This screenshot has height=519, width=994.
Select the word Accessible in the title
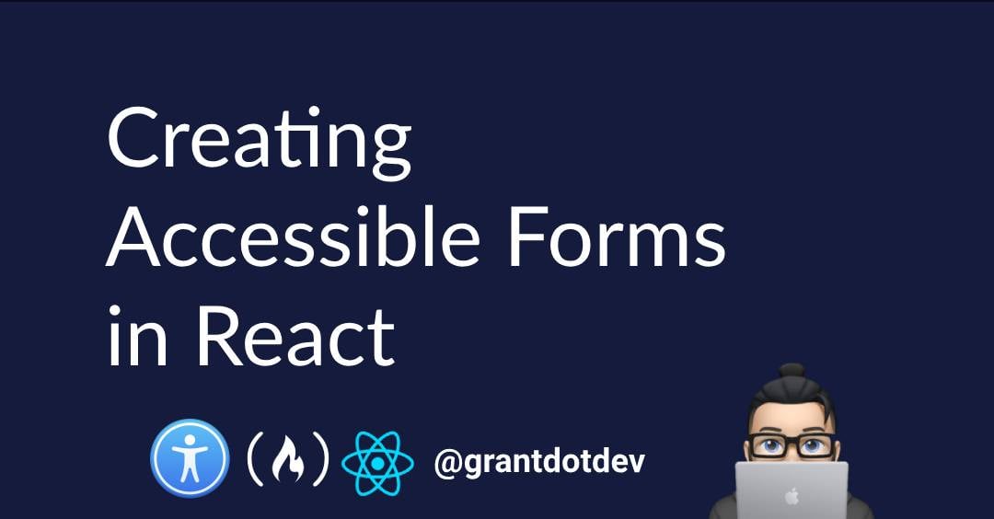293,236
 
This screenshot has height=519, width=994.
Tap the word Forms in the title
617,236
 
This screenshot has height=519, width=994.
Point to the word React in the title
295,336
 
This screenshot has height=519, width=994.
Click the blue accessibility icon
190,459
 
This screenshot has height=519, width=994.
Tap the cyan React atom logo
378,463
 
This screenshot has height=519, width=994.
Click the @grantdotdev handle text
539,462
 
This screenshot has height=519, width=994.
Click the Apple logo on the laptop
792,496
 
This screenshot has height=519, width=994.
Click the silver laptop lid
792,490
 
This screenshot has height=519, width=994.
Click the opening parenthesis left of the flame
256,459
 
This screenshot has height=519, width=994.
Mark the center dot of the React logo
378,464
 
